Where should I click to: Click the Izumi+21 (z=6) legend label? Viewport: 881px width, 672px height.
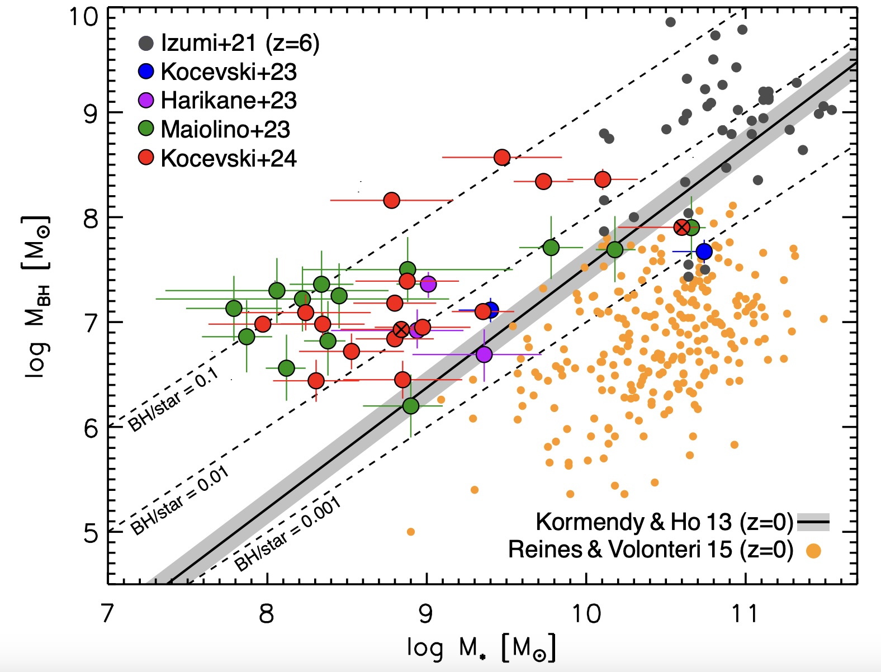pyautogui.click(x=240, y=43)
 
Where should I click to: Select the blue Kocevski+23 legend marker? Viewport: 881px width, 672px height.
pyautogui.click(x=146, y=72)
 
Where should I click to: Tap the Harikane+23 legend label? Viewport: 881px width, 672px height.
pyautogui.click(x=229, y=101)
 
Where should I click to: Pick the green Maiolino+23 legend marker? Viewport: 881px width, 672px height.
pyautogui.click(x=146, y=129)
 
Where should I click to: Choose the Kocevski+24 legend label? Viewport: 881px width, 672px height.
pyautogui.click(x=229, y=158)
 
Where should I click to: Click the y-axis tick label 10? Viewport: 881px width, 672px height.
pyautogui.click(x=82, y=17)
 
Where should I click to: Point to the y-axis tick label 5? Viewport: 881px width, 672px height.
pyautogui.click(x=91, y=533)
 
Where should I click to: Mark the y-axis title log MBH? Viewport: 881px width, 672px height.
pyautogui.click(x=38, y=296)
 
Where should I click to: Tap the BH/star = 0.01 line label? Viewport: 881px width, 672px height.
pyautogui.click(x=179, y=501)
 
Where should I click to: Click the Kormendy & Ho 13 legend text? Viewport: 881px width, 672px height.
pyautogui.click(x=664, y=522)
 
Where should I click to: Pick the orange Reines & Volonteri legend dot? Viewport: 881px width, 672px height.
pyautogui.click(x=813, y=551)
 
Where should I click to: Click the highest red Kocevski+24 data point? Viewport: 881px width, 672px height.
pyautogui.click(x=502, y=158)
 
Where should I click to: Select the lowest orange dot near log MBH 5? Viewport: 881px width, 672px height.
pyautogui.click(x=411, y=532)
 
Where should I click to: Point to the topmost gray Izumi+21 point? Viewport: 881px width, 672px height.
pyautogui.click(x=670, y=22)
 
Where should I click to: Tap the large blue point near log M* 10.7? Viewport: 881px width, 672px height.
pyautogui.click(x=704, y=252)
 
